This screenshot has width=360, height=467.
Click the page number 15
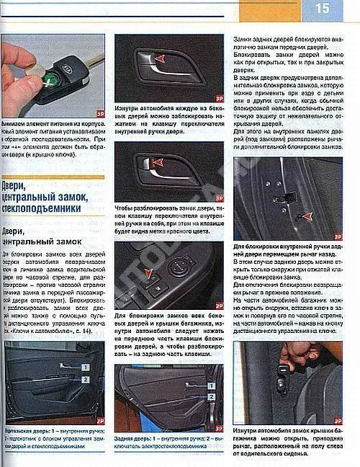pyautogui.click(x=321, y=9)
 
